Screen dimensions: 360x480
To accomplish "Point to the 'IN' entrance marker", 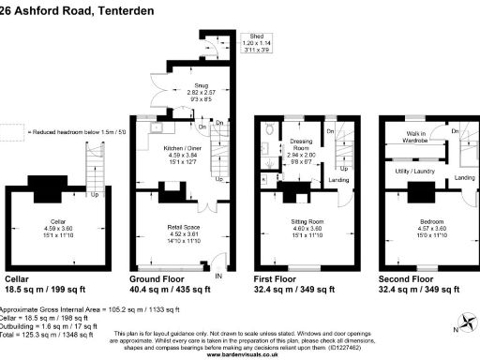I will pos(218,277).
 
